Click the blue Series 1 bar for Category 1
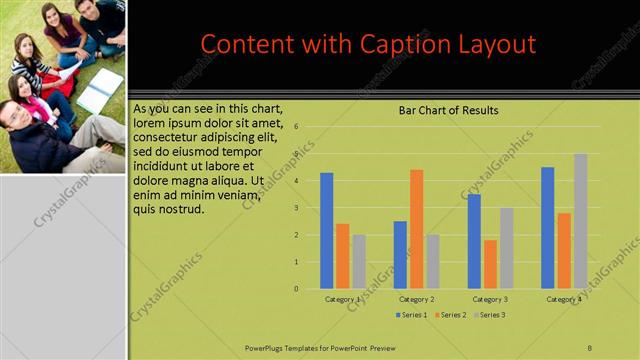pyautogui.click(x=327, y=231)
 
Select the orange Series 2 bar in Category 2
pyautogui.click(x=416, y=229)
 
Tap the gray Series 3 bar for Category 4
pyautogui.click(x=580, y=221)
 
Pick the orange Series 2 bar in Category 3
pyautogui.click(x=490, y=264)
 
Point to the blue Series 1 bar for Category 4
pyautogui.click(x=548, y=228)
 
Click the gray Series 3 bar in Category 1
pyautogui.click(x=359, y=262)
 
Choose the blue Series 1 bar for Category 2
pyautogui.click(x=400, y=255)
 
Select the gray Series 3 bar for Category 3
pyautogui.click(x=506, y=248)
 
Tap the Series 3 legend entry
pyautogui.click(x=488, y=315)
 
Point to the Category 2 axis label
pyautogui.click(x=416, y=299)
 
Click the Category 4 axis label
pyautogui.click(x=564, y=299)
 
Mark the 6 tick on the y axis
pyautogui.click(x=297, y=127)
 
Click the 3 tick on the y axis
pyautogui.click(x=297, y=208)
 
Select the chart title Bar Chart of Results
pyautogui.click(x=448, y=110)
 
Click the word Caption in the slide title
pyautogui.click(x=419, y=44)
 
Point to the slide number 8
pyautogui.click(x=589, y=347)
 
